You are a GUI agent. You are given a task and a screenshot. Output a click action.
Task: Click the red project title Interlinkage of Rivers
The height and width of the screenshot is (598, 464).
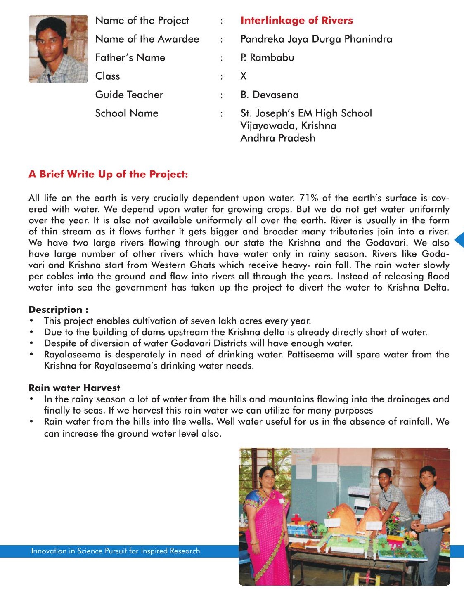point(296,20)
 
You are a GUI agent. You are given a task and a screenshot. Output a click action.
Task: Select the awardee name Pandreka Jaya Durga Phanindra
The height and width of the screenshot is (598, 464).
point(316,39)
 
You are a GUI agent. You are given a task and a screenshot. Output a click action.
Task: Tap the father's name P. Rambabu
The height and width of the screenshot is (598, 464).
point(267,57)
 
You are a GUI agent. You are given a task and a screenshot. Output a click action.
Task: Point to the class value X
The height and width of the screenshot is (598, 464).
point(244,76)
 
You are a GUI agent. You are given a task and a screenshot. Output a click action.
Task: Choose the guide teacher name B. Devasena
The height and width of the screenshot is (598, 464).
point(269,95)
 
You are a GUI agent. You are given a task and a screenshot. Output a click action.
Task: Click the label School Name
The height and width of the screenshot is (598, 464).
point(127,113)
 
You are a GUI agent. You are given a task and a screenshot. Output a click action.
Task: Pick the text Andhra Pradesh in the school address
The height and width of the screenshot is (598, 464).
point(278,138)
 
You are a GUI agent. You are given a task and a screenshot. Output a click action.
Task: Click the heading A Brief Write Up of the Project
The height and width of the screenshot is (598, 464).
point(108,174)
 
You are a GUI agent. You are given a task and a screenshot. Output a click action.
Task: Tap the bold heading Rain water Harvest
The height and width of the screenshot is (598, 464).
point(74,388)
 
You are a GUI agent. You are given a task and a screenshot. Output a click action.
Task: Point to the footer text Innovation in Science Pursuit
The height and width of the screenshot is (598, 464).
point(115,551)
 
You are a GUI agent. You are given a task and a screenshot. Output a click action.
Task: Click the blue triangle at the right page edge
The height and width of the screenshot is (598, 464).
point(459,240)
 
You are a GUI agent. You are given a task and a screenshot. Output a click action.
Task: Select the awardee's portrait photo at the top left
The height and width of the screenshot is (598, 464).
point(59,49)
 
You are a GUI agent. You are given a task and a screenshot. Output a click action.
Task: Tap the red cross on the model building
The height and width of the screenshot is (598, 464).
point(296,519)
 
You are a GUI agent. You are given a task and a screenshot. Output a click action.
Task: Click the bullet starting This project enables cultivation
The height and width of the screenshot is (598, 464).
point(178,321)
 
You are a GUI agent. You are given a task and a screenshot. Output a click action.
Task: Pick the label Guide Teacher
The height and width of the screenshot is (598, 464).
point(129,95)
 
